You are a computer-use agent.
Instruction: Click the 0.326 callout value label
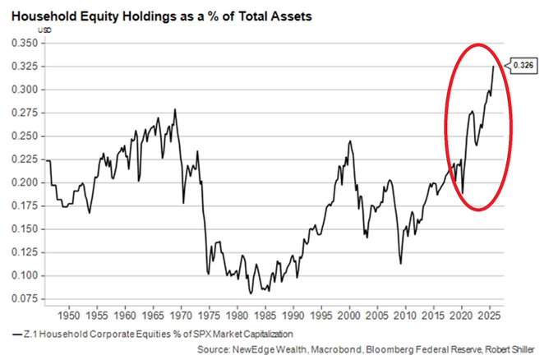(x=523, y=64)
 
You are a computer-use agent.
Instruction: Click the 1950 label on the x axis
(x=68, y=315)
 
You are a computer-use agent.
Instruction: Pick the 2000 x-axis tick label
(x=349, y=315)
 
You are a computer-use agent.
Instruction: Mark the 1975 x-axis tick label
(x=209, y=315)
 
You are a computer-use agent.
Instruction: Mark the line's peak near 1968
(x=174, y=109)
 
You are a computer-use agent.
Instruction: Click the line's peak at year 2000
(x=349, y=141)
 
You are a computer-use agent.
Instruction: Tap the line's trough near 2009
(x=400, y=263)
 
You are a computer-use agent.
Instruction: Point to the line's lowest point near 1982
(x=249, y=293)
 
